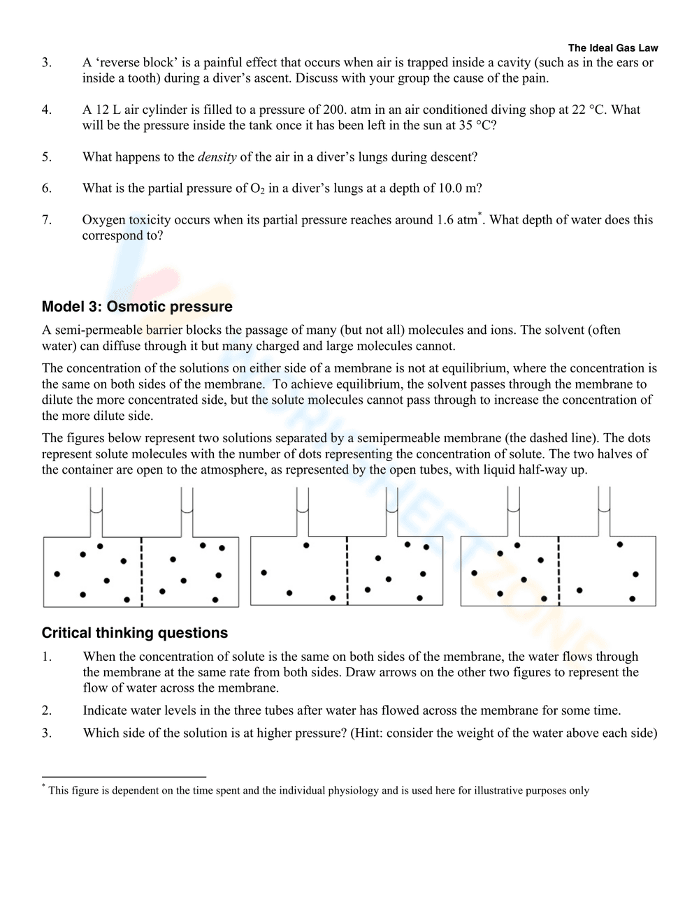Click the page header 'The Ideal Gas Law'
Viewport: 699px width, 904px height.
pyautogui.click(x=613, y=48)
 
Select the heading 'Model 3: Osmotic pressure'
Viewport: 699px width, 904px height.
pyautogui.click(x=137, y=307)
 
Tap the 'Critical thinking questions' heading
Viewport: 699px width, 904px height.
pyautogui.click(x=135, y=633)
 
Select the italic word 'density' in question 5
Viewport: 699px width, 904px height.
pyautogui.click(x=217, y=157)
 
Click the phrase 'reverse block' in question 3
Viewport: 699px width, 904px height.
pyautogui.click(x=136, y=62)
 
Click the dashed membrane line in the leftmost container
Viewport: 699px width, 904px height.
pyautogui.click(x=142, y=571)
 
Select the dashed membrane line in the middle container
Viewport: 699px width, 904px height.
pyautogui.click(x=347, y=571)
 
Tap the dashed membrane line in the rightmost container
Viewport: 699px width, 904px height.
pyautogui.click(x=559, y=571)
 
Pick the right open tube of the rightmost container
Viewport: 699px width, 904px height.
pyautogui.click(x=604, y=511)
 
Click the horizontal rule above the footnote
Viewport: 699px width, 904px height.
pyautogui.click(x=124, y=776)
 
